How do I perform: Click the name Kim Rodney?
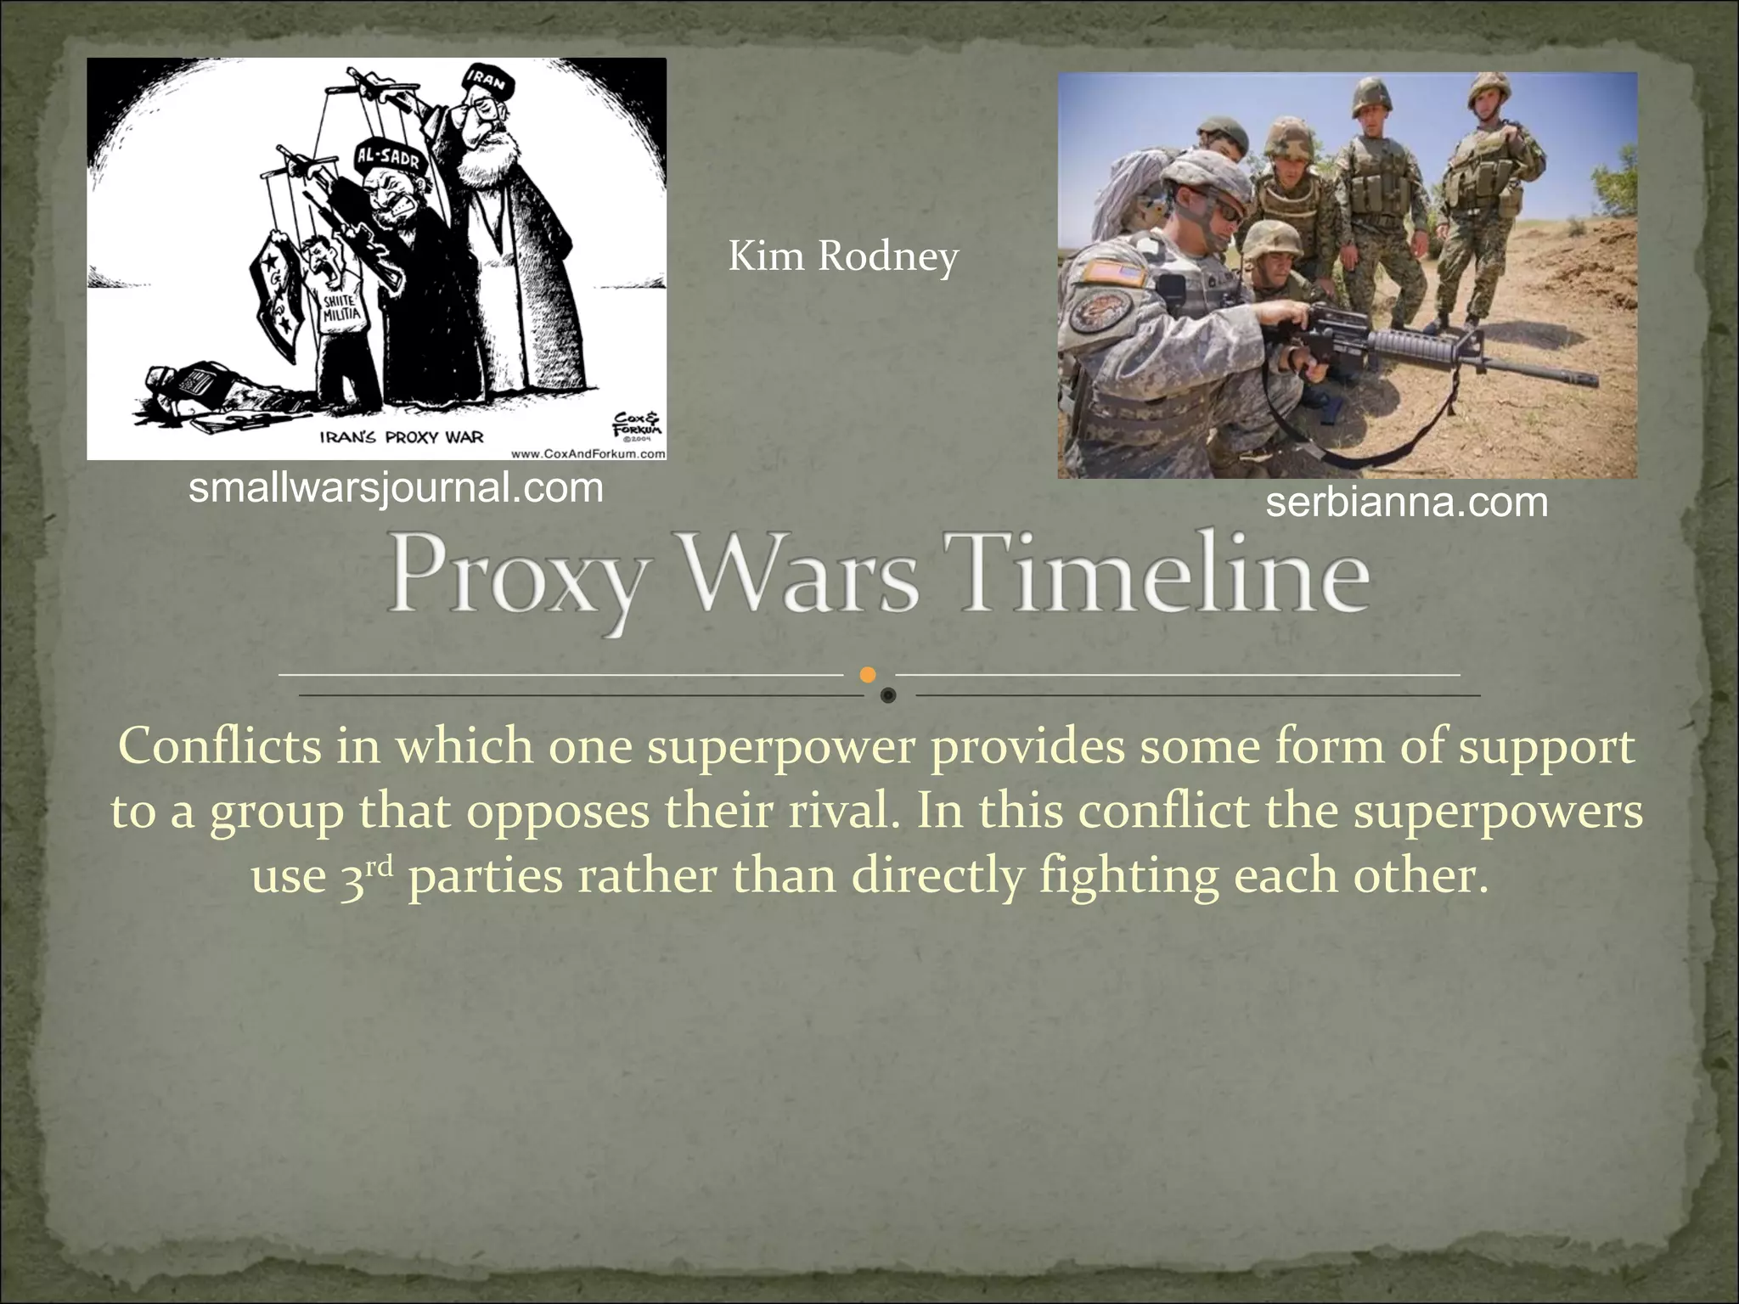843,256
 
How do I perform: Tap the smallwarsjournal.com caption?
396,488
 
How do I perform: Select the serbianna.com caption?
1406,503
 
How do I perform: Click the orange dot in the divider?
867,675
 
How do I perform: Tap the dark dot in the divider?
888,695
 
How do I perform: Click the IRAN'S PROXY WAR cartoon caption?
401,437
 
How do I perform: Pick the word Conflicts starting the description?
220,747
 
